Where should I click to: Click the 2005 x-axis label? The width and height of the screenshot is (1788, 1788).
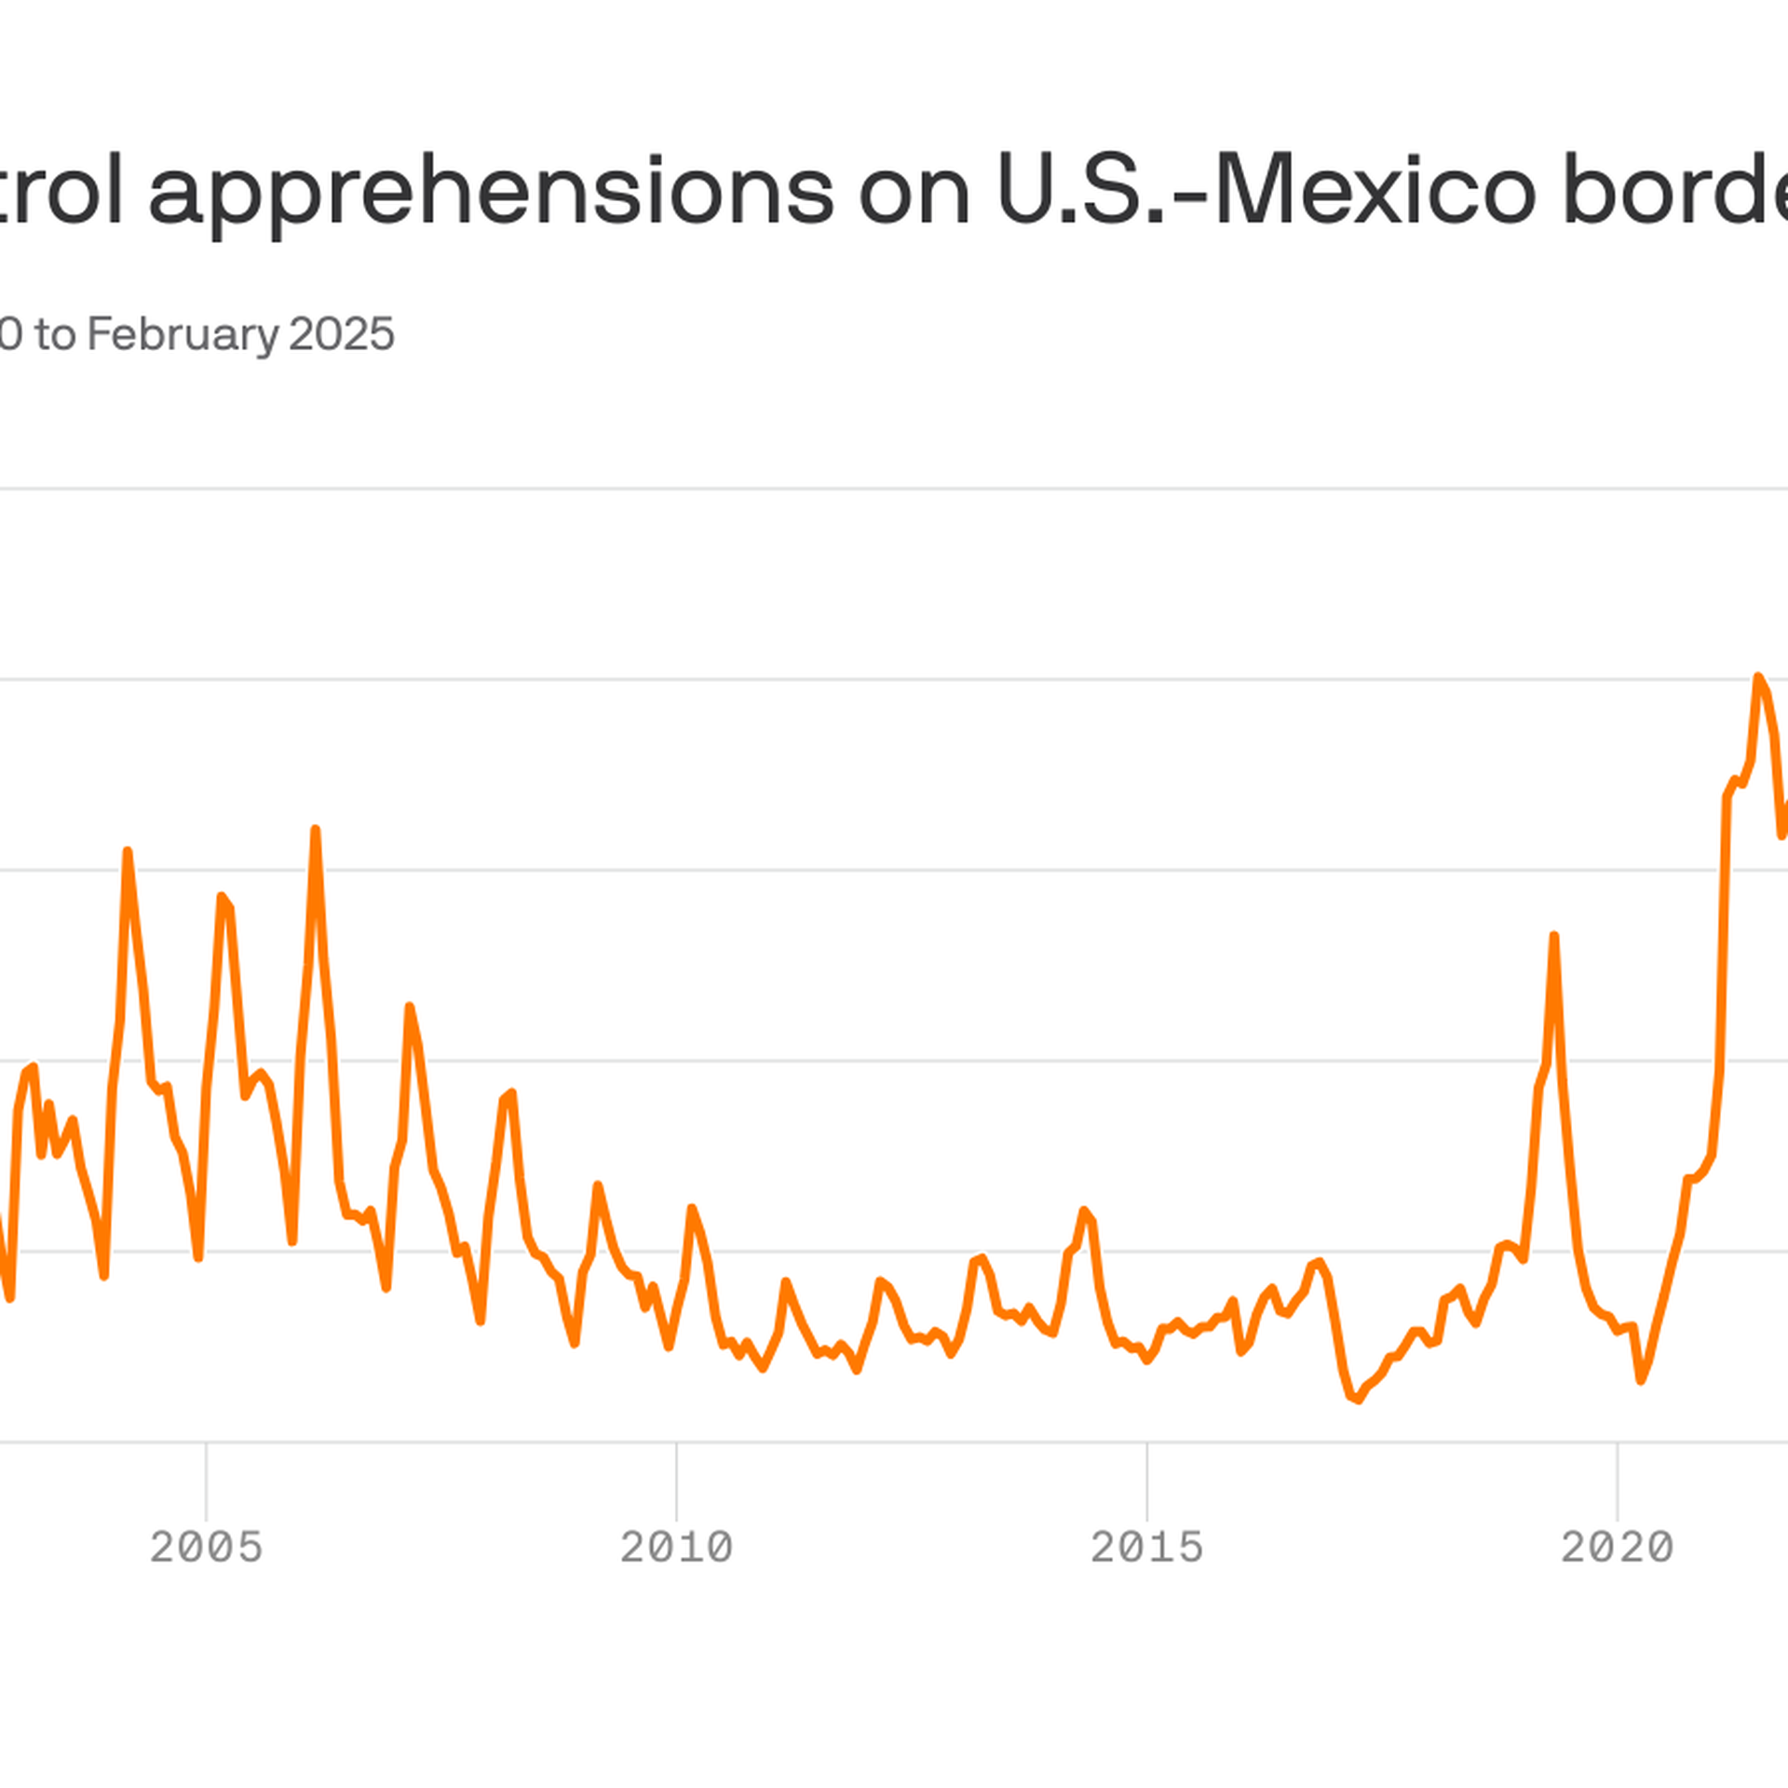coord(207,1547)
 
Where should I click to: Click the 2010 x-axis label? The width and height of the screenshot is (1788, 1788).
coord(677,1547)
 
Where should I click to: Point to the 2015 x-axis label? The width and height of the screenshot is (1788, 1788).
coord(1147,1547)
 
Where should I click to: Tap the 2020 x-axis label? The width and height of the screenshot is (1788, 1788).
coord(1618,1547)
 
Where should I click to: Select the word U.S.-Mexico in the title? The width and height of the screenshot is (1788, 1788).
coord(1266,190)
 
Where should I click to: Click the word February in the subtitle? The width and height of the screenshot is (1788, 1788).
coord(182,334)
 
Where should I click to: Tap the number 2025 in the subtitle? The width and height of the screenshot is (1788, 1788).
coord(342,334)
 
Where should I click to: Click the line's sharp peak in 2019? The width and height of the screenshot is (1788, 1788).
coord(1554,936)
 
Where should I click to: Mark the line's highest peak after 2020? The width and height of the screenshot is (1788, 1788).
coord(1758,677)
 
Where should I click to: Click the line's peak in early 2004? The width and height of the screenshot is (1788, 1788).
coord(128,851)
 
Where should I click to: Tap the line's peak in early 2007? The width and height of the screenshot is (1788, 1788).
coord(409,1007)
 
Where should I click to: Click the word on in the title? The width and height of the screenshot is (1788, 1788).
coord(914,192)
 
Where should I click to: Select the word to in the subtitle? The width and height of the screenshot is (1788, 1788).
coord(55,334)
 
